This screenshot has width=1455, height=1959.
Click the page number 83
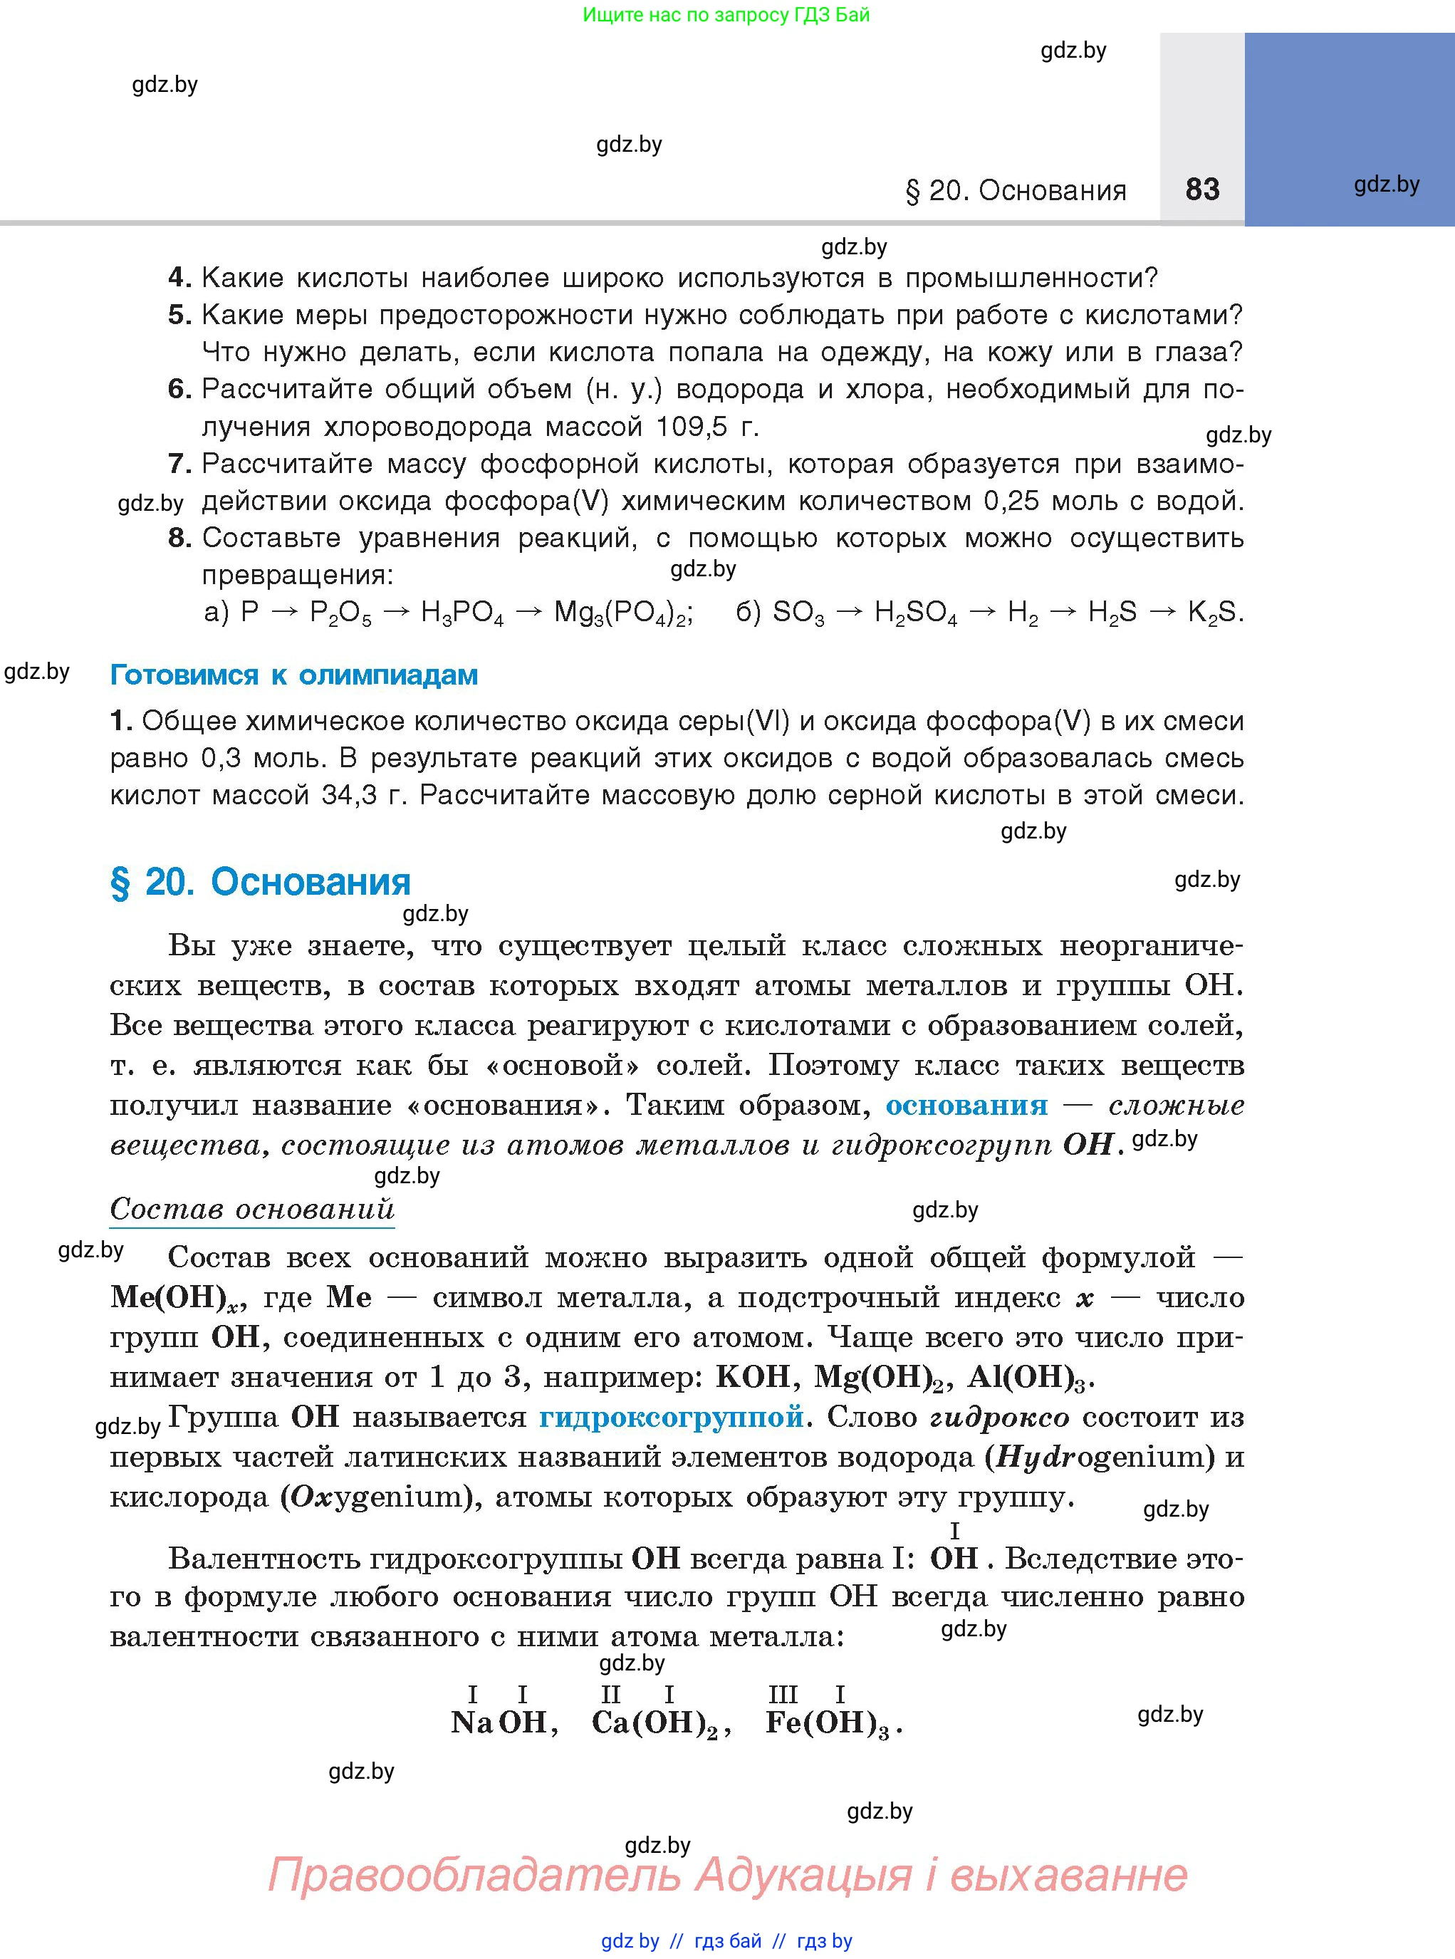pos(1202,189)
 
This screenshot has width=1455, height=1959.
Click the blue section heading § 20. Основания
pos(260,882)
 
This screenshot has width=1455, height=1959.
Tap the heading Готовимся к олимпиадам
pos(293,675)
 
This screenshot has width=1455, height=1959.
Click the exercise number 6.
pos(179,390)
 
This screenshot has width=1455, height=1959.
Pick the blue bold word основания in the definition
pos(966,1106)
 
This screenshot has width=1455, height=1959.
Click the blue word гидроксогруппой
pos(671,1418)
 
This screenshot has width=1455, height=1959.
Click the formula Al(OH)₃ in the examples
pos(1028,1378)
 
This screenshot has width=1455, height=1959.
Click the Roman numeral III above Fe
pos(783,1694)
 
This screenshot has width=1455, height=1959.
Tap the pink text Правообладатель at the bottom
pos(474,1874)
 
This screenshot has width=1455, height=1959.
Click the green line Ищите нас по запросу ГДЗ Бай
pos(726,15)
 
